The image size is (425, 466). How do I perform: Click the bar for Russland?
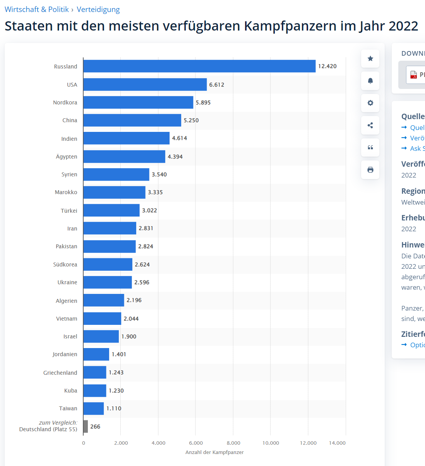coord(199,66)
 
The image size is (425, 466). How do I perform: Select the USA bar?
coord(145,84)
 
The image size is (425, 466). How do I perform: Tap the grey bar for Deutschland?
coord(86,426)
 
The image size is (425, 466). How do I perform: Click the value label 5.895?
coord(203,102)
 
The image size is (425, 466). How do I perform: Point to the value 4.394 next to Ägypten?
coord(175,157)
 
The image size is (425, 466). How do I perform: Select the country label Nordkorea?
coord(65,102)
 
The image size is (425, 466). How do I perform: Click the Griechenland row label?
coord(60,373)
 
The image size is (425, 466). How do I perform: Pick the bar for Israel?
coord(101,336)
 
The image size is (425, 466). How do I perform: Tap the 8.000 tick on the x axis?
coord(233,443)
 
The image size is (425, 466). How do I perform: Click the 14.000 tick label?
coord(337,443)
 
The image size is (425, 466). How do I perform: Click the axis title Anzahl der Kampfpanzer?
coord(214,452)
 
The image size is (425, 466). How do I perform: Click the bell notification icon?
coord(370,81)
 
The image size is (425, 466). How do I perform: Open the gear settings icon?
coord(370,103)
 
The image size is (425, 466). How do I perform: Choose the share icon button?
coord(370,125)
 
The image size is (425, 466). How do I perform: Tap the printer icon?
coord(370,170)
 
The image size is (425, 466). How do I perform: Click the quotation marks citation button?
coord(370,147)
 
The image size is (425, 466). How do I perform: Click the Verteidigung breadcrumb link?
coord(98,9)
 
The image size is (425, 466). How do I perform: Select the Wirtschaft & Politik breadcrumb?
coord(37,9)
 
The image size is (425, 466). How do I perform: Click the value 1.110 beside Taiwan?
coord(114,408)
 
